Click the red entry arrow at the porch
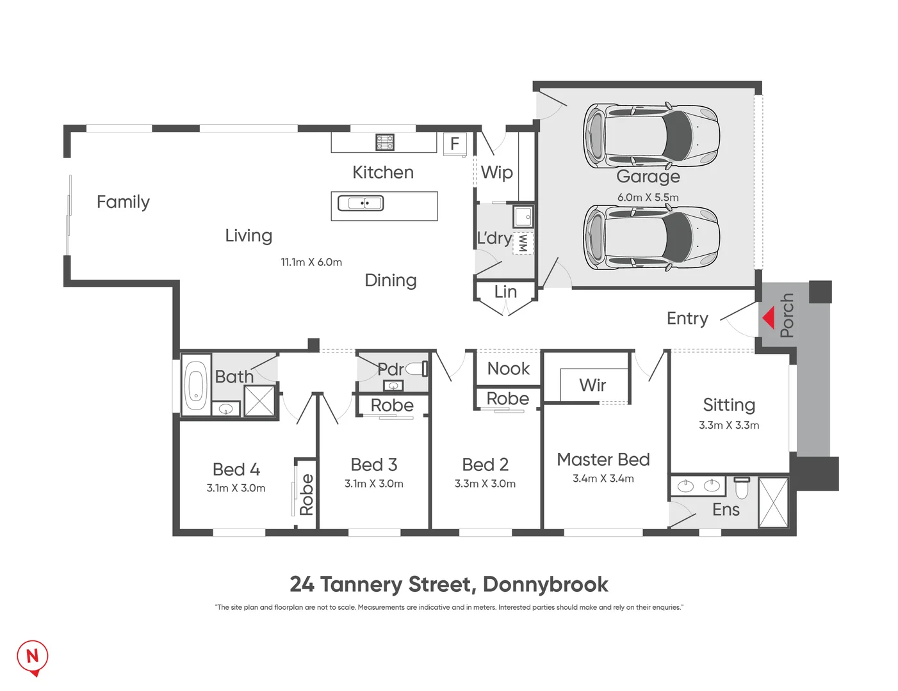click(x=769, y=317)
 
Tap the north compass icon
click(x=32, y=656)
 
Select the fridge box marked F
click(x=454, y=143)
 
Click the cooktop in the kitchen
click(x=384, y=142)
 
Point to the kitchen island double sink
click(x=361, y=203)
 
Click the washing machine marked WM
click(x=523, y=242)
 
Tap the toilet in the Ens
click(x=742, y=488)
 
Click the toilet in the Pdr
click(x=416, y=369)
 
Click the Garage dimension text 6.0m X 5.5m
click(x=648, y=198)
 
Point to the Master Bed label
click(x=603, y=459)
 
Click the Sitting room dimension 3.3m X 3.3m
click(x=728, y=425)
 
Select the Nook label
click(x=508, y=369)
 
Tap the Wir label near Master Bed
click(x=592, y=385)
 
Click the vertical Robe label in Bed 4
click(x=306, y=495)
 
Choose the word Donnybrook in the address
click(x=545, y=584)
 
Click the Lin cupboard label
click(x=505, y=292)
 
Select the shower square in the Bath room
click(x=259, y=401)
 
